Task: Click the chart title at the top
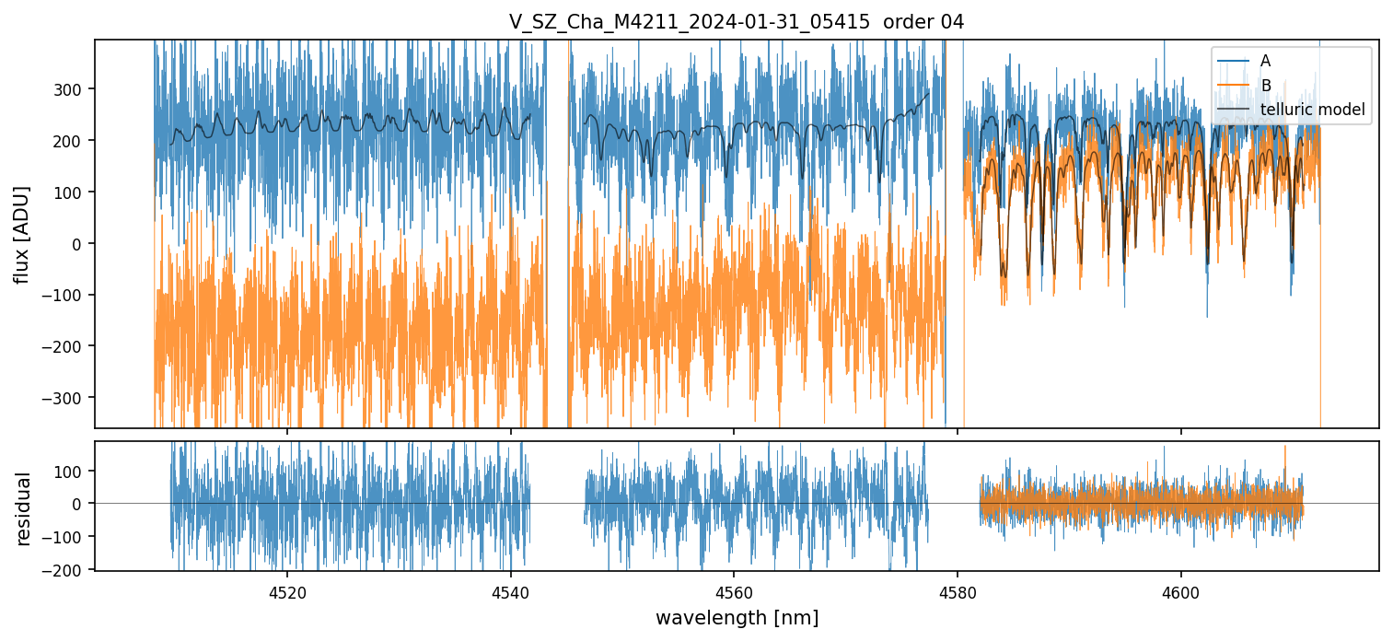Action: (736, 22)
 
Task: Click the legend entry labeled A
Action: (1265, 61)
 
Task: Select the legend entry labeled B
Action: (1265, 86)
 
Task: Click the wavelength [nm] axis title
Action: (736, 617)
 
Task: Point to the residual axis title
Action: (23, 508)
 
